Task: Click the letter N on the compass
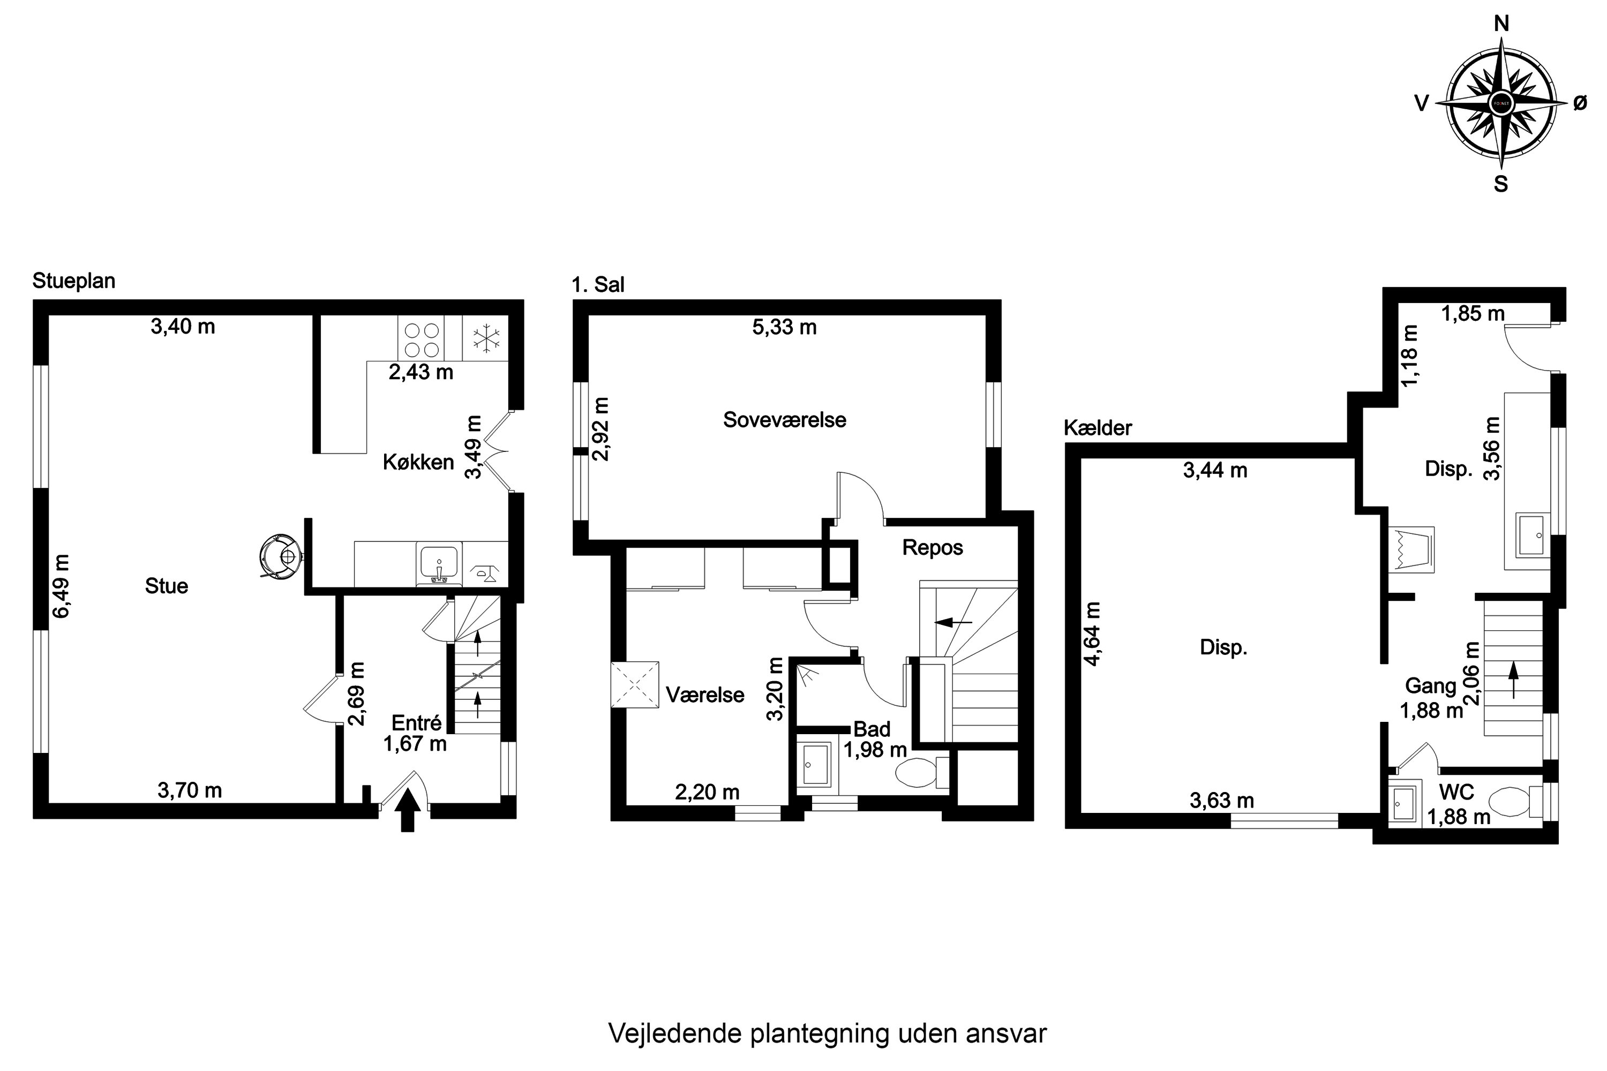tap(1501, 25)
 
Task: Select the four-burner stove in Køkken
tap(421, 340)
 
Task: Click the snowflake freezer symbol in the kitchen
tap(486, 339)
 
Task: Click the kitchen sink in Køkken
tap(439, 563)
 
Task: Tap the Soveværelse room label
tap(784, 419)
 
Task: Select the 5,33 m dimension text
tap(784, 327)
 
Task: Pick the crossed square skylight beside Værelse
tap(635, 684)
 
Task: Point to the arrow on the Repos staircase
tap(954, 622)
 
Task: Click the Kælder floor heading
tap(1097, 428)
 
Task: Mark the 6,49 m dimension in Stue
tap(62, 585)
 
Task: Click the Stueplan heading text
tap(74, 281)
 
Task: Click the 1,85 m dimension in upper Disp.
tap(1473, 313)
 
